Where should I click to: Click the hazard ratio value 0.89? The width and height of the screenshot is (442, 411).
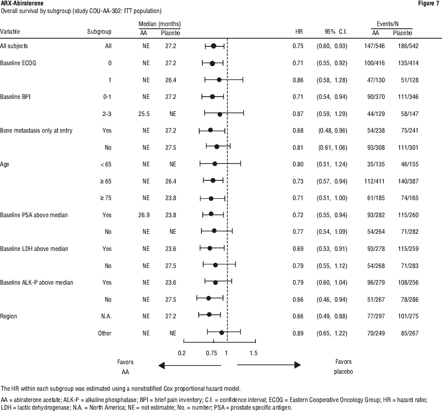coord(298,333)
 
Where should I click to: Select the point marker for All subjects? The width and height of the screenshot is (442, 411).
coord(214,46)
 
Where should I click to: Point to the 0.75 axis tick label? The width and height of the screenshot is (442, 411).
coord(211,353)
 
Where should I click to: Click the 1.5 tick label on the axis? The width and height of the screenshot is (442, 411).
coord(253,353)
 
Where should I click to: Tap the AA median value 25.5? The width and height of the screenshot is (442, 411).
coord(144,114)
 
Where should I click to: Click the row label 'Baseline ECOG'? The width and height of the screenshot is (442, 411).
coord(18,63)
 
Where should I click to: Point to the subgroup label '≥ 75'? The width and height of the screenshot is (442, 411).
coord(106,198)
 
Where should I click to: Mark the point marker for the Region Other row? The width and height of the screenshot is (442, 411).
coord(221,333)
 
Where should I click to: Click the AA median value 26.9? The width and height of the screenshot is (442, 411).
coord(144,215)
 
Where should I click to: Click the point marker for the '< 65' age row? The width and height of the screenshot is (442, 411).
coord(214,164)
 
